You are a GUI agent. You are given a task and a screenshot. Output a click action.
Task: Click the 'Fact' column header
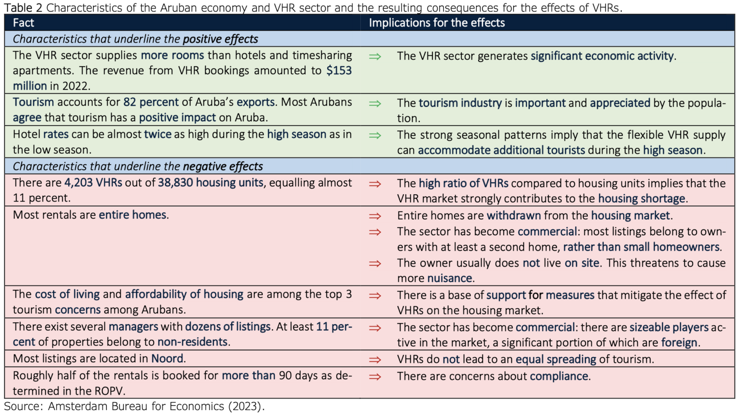click(23, 23)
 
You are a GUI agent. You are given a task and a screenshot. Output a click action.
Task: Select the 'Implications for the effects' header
click(437, 23)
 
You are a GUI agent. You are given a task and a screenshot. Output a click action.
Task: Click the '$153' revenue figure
click(339, 71)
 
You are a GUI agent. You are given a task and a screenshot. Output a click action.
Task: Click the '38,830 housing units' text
click(211, 183)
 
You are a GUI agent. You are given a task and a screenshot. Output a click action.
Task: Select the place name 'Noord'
click(167, 358)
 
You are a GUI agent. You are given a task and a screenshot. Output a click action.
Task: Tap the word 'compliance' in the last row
click(559, 376)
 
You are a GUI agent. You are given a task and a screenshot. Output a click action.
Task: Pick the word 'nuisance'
click(449, 278)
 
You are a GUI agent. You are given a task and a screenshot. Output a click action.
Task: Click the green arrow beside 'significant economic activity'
click(375, 57)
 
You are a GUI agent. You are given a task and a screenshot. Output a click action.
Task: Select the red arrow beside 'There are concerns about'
click(375, 377)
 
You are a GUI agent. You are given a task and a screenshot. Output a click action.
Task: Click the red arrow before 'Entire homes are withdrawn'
click(375, 216)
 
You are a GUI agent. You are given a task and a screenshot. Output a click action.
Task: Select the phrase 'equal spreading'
click(556, 359)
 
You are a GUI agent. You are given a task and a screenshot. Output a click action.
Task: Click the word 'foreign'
click(679, 343)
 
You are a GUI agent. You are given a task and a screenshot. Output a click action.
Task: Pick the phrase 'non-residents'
click(192, 342)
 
